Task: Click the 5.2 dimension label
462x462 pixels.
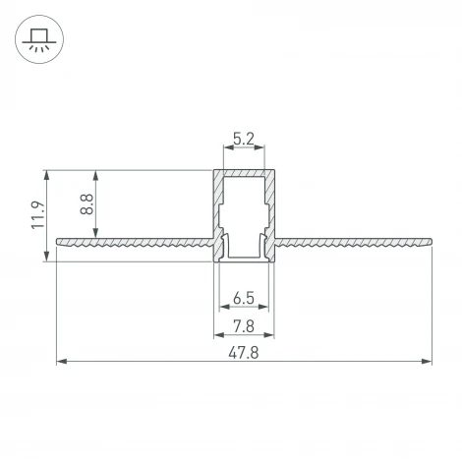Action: [245, 139]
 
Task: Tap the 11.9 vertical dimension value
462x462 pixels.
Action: [37, 215]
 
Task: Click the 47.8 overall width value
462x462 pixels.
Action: [245, 352]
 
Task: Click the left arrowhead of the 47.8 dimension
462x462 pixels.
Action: [61, 362]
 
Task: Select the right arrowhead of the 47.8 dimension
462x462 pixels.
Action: [428, 362]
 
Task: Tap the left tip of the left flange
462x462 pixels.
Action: [59, 238]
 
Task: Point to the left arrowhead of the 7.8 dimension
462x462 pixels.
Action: [218, 334]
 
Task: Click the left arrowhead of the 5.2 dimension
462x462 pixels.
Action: [227, 149]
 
